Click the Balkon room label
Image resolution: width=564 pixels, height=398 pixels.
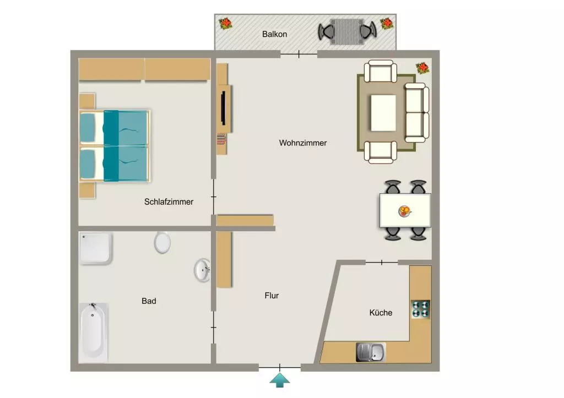[x=274, y=34]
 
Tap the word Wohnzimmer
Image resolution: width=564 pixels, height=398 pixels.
[x=303, y=143]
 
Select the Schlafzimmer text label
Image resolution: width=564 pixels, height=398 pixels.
[x=169, y=201]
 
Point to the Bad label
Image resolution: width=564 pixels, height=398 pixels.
[x=149, y=301]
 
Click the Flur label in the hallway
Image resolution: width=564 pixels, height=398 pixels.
[x=272, y=296]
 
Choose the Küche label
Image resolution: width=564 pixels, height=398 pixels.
[x=381, y=313]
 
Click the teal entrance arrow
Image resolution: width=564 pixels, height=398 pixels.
[x=280, y=380]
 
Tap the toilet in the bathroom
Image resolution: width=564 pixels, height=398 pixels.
[x=162, y=242]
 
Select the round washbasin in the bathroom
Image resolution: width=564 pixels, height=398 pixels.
[x=202, y=270]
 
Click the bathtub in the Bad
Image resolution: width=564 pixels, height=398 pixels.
[x=93, y=332]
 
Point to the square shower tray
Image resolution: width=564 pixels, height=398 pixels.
[x=96, y=248]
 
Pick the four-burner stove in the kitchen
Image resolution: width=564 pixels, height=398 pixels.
[x=421, y=309]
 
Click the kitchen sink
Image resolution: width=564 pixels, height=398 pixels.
[x=371, y=352]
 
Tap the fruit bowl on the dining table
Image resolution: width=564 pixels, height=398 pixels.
[x=405, y=211]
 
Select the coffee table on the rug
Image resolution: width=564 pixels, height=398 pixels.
[x=383, y=113]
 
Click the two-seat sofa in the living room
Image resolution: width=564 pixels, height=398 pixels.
[x=417, y=113]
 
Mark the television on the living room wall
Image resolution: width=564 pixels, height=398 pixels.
[x=224, y=108]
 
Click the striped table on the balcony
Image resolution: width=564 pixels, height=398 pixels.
[x=347, y=31]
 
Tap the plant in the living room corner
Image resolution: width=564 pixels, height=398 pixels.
[x=422, y=68]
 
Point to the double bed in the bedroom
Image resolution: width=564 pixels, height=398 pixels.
[x=115, y=146]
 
